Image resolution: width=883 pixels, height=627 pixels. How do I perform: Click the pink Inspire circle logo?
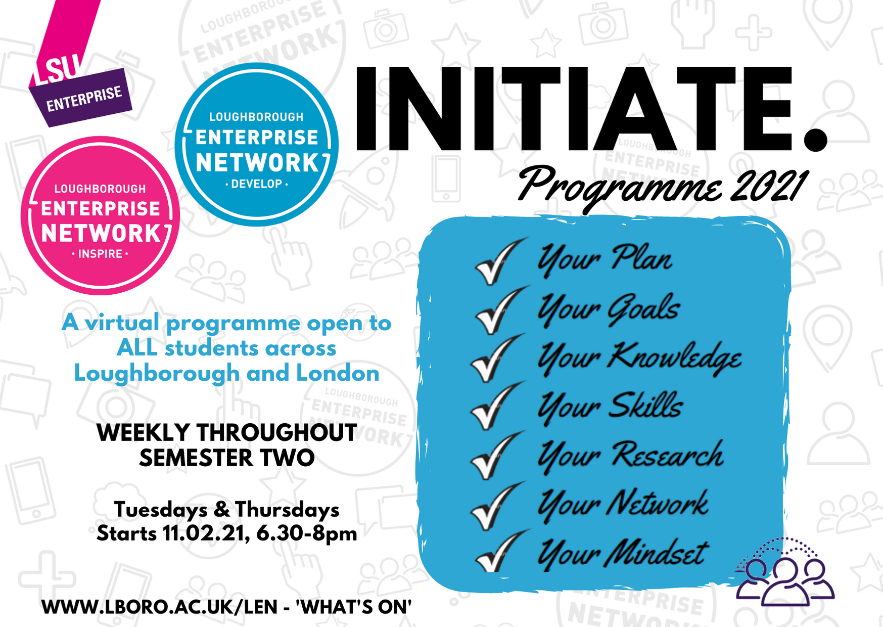click(100, 215)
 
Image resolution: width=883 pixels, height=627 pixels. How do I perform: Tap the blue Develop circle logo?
click(257, 145)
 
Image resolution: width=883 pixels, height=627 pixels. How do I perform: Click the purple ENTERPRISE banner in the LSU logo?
click(81, 98)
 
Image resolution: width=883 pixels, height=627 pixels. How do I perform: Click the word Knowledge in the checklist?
click(674, 358)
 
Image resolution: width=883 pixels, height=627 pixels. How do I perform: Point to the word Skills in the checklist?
click(645, 405)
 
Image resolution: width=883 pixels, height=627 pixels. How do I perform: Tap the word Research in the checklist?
click(668, 454)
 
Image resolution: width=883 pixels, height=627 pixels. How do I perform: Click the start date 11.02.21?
click(206, 533)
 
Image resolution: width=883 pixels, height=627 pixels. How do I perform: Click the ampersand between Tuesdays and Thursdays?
click(221, 510)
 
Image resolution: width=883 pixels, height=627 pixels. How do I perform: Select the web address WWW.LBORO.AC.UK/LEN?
click(160, 607)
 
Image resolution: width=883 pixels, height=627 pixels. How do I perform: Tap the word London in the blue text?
click(338, 373)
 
